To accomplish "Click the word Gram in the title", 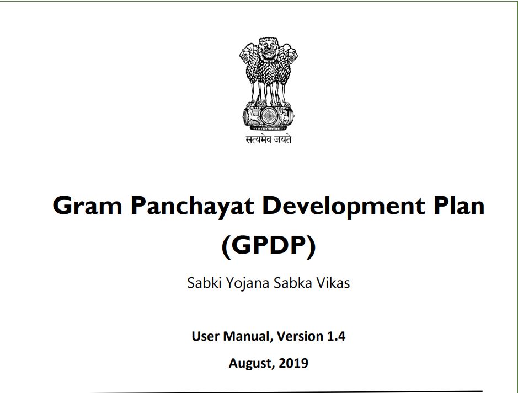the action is (87, 205).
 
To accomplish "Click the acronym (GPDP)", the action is (269, 246).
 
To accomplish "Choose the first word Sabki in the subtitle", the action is (204, 283).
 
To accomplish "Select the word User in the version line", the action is (205, 336).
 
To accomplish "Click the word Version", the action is (300, 336).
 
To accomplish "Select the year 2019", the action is (293, 363).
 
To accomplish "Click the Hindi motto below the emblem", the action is (269, 139).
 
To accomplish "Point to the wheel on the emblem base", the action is (269, 116).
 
